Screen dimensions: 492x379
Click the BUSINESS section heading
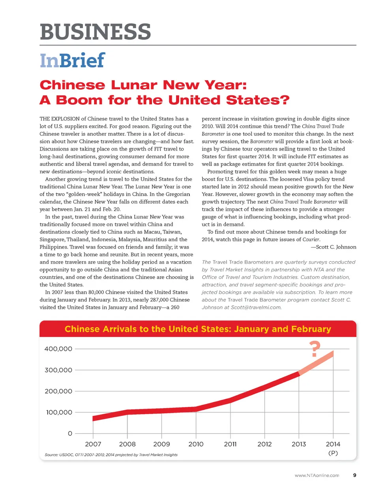95,32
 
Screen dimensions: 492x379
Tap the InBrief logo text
72,60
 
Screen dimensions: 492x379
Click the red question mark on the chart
314,349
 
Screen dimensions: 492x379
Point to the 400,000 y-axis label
58,349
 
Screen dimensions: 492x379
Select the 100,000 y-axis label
59,412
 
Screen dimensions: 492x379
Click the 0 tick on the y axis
70,434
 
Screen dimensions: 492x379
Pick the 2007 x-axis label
93,444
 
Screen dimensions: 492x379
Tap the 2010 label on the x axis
196,444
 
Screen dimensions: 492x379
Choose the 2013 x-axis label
299,444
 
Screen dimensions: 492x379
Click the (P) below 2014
333,453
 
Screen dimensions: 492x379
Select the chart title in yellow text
198,329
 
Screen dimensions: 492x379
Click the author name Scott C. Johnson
336,247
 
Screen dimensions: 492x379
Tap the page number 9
355,475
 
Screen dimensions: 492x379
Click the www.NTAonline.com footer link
317,475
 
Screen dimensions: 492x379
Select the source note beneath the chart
111,455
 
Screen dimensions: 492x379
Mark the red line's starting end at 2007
94,418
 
